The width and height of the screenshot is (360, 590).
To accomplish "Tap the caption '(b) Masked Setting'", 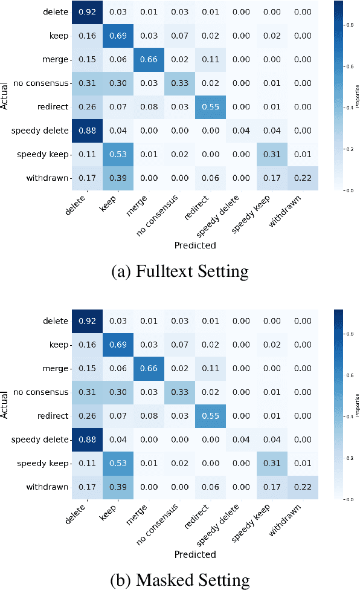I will [x=180, y=581].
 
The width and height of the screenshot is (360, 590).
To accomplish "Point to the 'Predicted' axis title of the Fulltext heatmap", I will [x=195, y=245].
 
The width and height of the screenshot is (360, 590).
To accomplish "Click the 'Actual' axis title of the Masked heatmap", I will [x=6, y=404].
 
